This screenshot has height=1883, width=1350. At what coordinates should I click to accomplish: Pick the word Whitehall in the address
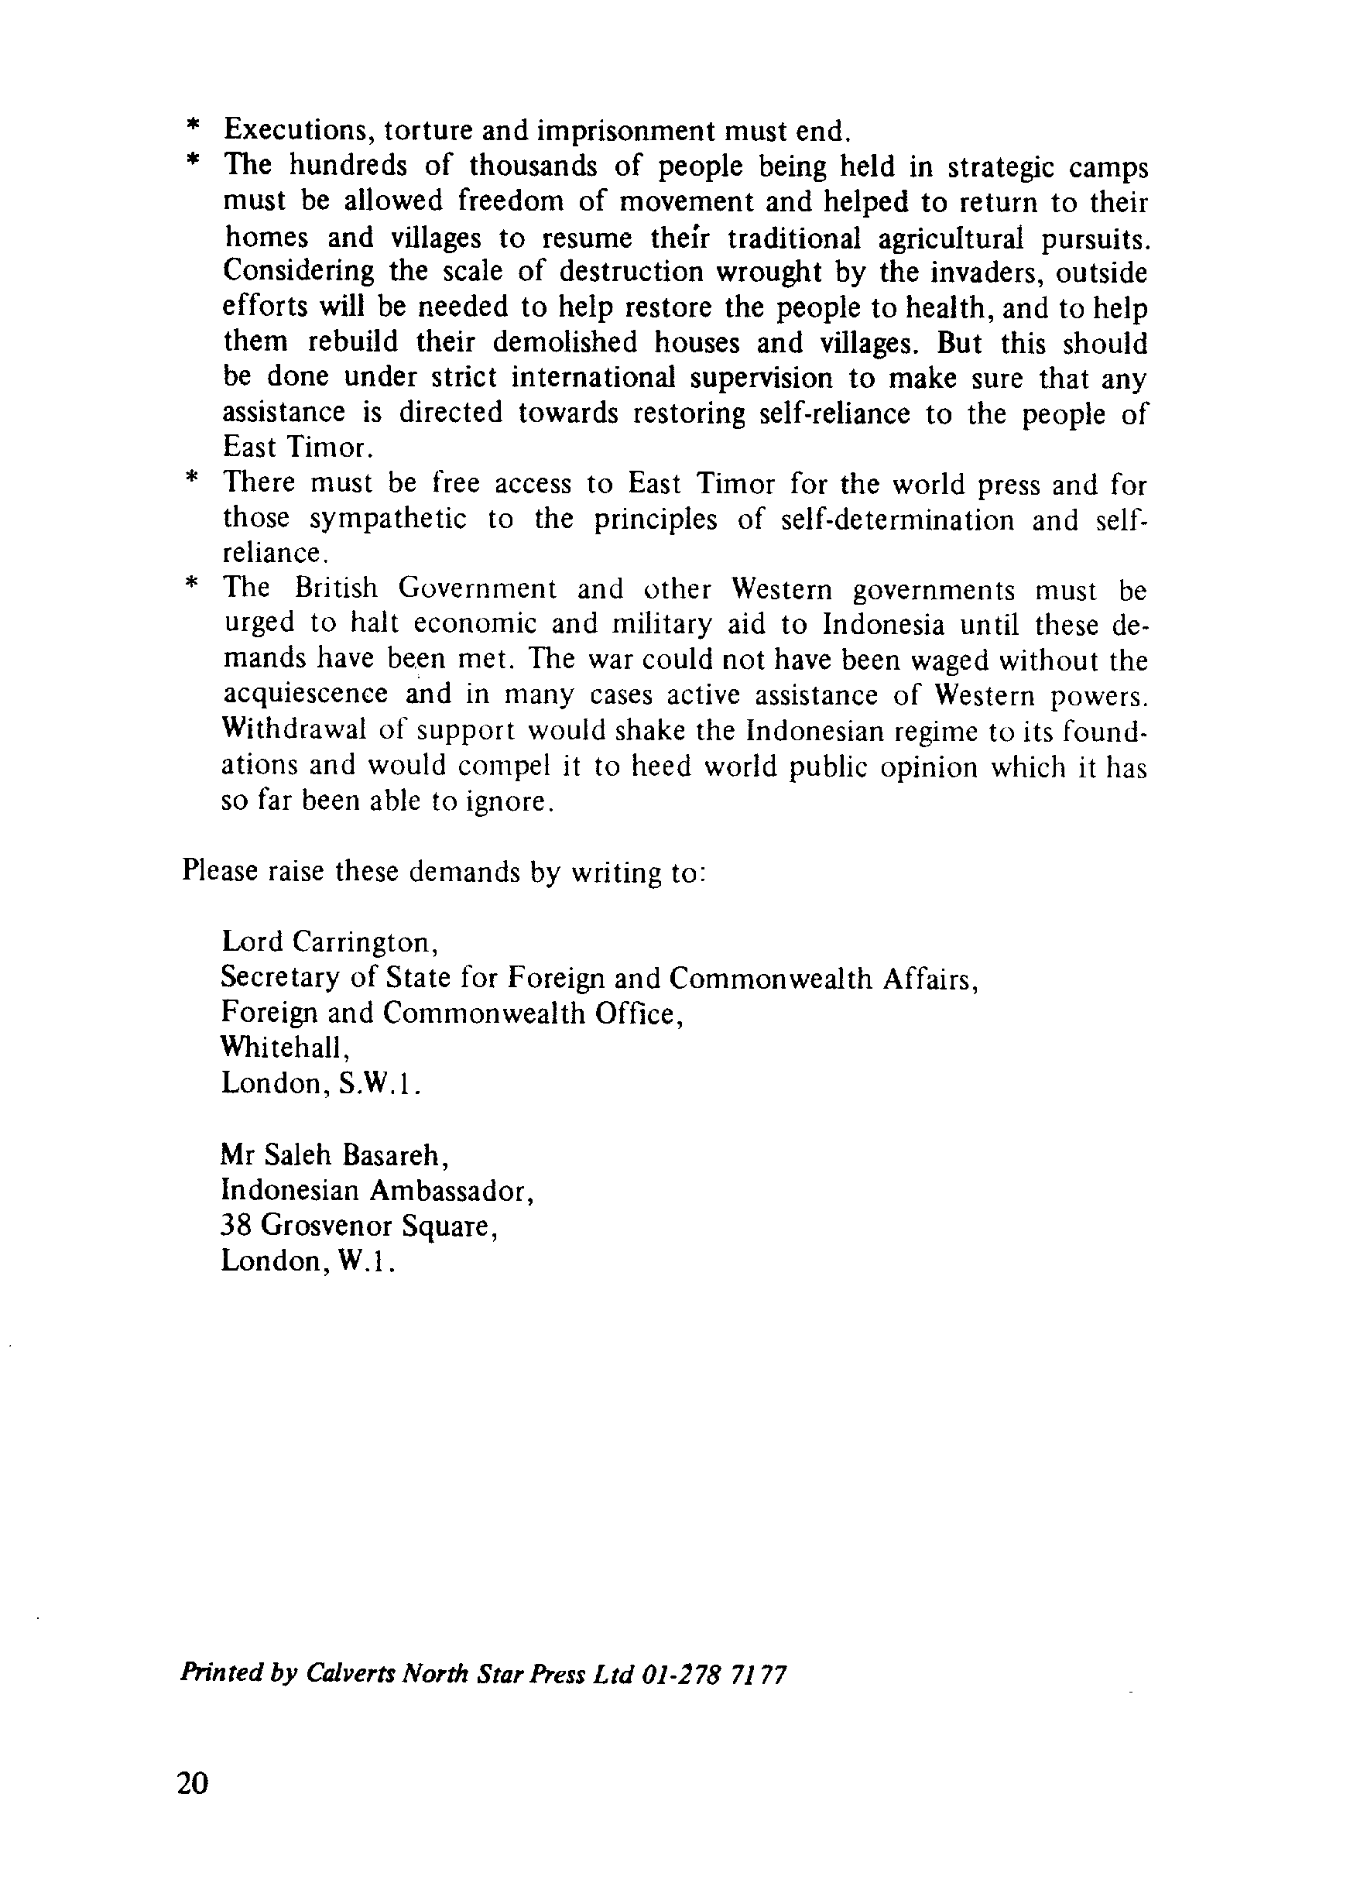tap(283, 1048)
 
